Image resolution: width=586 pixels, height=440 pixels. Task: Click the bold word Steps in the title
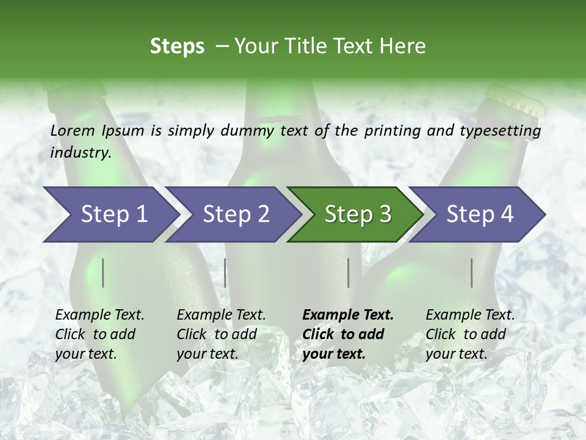(x=177, y=46)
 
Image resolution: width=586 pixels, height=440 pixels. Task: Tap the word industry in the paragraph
(x=80, y=153)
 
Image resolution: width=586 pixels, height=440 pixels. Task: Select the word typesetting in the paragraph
(x=500, y=131)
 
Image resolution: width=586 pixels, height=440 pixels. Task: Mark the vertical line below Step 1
(x=103, y=273)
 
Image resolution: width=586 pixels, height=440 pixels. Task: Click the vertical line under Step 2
(x=225, y=273)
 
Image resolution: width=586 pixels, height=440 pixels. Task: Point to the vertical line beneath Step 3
(x=349, y=273)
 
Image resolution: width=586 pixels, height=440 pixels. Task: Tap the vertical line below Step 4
(x=472, y=273)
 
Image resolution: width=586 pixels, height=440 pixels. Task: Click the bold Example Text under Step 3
(x=348, y=315)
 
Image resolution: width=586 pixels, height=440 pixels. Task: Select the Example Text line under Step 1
(x=99, y=315)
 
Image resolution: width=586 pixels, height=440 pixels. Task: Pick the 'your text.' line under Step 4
(x=456, y=354)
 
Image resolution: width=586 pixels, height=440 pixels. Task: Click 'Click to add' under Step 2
(x=217, y=335)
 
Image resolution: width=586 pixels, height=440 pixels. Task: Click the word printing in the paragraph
(x=391, y=131)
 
